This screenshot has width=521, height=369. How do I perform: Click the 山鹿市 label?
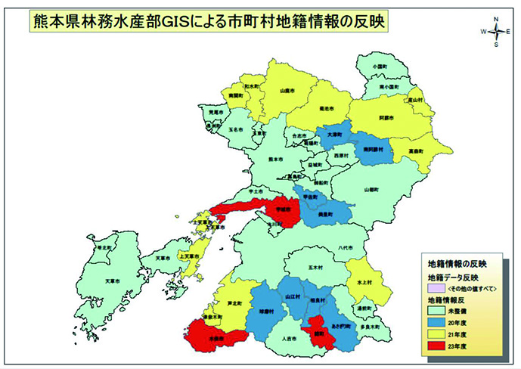tap(287, 90)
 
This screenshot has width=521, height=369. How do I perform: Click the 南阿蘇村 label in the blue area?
tap(374, 150)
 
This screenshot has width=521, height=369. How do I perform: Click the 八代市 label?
tap(346, 246)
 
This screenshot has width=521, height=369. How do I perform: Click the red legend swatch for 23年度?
tap(436, 347)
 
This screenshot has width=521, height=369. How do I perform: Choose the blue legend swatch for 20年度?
tap(436, 321)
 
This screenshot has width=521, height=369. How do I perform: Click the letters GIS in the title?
tap(185, 20)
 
